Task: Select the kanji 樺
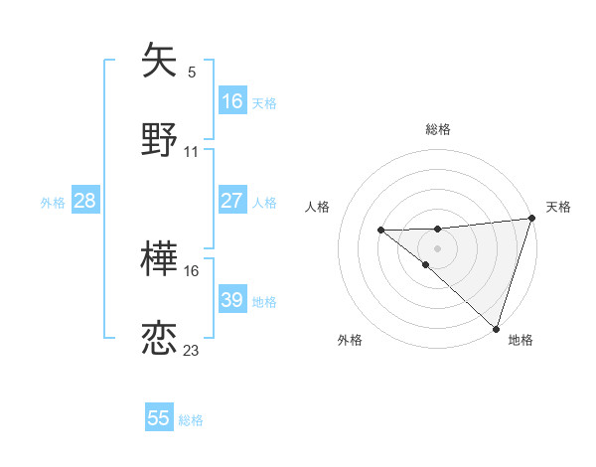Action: tap(160, 259)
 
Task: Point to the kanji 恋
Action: tap(160, 338)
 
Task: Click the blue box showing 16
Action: tap(232, 101)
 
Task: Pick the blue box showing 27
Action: tap(232, 201)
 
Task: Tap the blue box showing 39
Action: tap(232, 300)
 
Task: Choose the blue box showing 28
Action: tap(85, 201)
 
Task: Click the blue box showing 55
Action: tap(159, 418)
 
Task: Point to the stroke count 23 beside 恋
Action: tap(192, 350)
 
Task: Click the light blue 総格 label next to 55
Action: tap(191, 420)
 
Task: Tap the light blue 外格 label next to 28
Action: tap(53, 203)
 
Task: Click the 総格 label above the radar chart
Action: tap(438, 129)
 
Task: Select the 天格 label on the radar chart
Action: tap(558, 207)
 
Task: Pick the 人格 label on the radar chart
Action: tap(317, 207)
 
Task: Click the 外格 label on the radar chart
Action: tap(350, 340)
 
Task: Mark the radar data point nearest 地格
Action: tap(496, 328)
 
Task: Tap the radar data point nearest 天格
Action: tap(531, 219)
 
